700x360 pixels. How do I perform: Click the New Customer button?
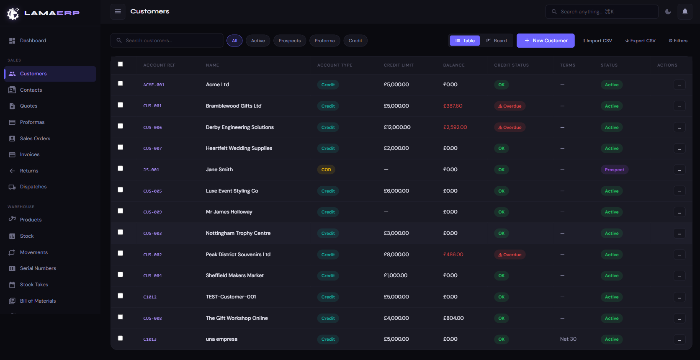(x=546, y=41)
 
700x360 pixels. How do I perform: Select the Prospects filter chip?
(x=289, y=41)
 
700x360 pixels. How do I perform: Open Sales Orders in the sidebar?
(x=35, y=139)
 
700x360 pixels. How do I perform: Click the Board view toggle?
(x=497, y=41)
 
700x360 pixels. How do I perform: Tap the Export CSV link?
(x=641, y=41)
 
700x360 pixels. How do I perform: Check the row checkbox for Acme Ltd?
(x=121, y=83)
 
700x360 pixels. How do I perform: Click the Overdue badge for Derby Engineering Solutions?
(x=510, y=128)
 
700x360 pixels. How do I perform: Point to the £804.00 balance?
(x=453, y=318)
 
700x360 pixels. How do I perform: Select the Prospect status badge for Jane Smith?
(x=614, y=170)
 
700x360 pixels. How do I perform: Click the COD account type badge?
(x=326, y=170)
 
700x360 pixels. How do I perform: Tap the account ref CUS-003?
(x=152, y=234)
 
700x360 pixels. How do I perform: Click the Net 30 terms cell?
(x=568, y=339)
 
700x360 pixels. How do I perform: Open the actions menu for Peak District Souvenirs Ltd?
(x=679, y=255)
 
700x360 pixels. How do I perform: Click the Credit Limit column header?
(x=399, y=65)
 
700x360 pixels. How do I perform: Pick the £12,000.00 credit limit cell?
(x=397, y=127)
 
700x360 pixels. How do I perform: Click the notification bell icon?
(x=685, y=12)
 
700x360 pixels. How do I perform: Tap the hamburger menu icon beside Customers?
(x=118, y=11)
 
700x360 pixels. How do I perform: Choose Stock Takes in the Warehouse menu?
(x=34, y=285)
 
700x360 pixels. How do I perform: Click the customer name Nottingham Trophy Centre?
(x=238, y=233)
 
